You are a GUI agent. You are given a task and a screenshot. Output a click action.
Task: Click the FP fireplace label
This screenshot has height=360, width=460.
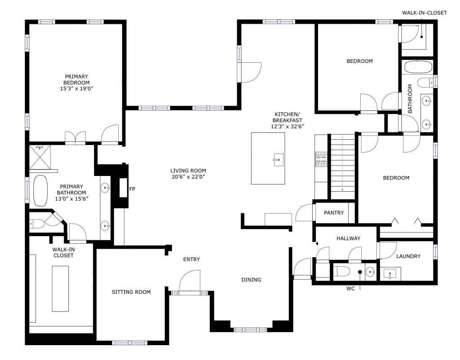pos(132,189)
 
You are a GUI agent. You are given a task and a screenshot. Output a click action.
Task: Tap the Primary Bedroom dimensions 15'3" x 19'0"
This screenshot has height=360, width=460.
pos(76,88)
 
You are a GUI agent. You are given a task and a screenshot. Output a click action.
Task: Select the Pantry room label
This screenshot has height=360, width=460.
pos(334,213)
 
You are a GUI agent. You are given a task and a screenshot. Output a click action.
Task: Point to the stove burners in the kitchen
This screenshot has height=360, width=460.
pos(321,159)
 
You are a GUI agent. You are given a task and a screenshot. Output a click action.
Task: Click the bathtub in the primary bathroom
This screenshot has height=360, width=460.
pos(40,191)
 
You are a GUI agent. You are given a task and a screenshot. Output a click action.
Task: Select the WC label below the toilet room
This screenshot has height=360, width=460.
pos(350,289)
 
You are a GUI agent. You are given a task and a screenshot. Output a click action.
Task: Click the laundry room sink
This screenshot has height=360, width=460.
pos(390,274)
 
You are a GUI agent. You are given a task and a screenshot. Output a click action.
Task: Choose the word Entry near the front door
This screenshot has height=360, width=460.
pos(191,259)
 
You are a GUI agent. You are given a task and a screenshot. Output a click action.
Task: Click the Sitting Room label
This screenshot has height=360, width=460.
pos(131,292)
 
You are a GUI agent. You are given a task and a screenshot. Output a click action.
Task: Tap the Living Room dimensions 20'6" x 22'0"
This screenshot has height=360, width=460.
pos(188,177)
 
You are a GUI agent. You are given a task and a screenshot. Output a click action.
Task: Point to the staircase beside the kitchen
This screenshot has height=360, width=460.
pos(343,167)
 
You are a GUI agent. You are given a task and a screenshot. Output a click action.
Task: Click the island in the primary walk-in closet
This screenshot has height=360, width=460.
pos(61,289)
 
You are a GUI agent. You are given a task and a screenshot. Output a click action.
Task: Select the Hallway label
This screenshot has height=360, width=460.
pos(349,239)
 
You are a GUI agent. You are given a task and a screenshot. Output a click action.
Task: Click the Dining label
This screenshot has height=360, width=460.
pos(251,280)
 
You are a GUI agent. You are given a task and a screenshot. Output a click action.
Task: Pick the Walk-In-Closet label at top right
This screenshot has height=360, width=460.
pos(424,13)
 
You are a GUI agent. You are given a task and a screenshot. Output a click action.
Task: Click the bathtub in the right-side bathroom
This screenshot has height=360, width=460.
pos(418,67)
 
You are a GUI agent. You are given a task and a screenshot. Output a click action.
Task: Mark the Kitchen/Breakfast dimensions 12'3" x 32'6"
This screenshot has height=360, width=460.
pos(287,127)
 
